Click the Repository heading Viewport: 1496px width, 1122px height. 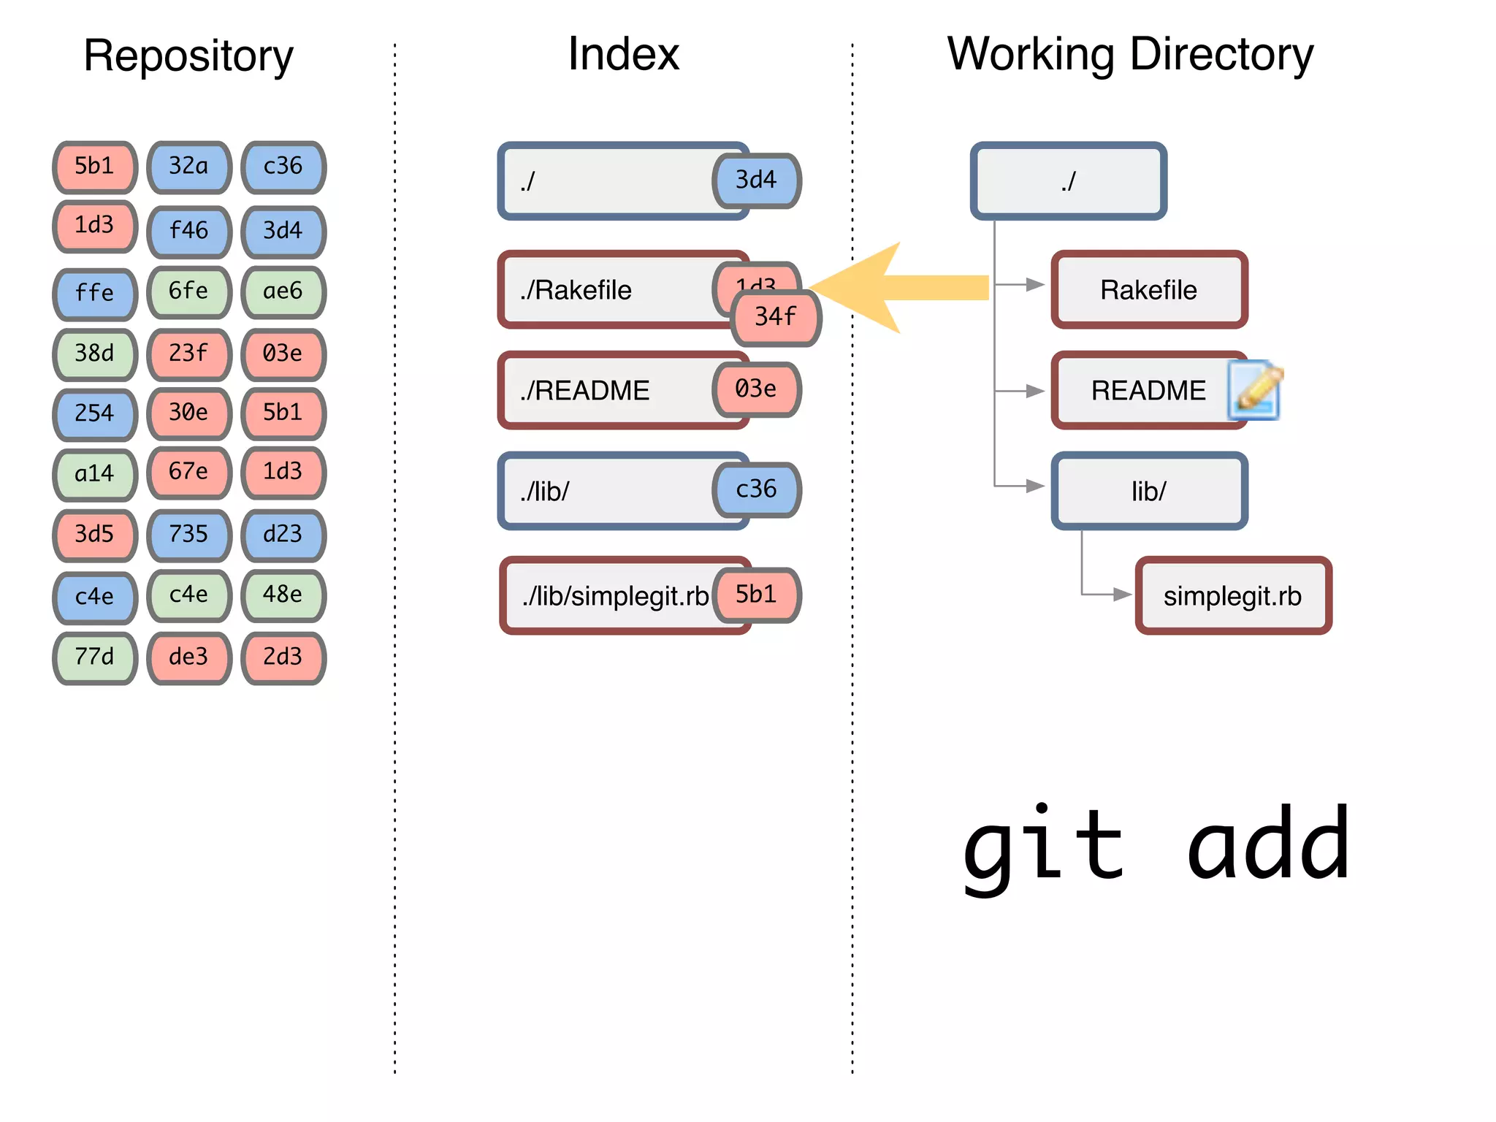point(188,56)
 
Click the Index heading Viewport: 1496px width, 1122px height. point(623,54)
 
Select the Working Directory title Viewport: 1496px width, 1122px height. point(1130,54)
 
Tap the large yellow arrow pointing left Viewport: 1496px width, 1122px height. point(898,288)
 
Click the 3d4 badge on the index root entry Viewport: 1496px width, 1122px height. point(756,180)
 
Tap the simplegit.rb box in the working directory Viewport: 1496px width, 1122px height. point(1233,595)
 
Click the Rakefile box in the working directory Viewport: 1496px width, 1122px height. point(1148,290)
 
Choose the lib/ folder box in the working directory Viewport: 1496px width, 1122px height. point(1148,491)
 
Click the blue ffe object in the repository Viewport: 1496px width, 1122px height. point(95,294)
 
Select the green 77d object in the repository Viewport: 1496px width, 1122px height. point(95,657)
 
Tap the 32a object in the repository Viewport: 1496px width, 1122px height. point(188,167)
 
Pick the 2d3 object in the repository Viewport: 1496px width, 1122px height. point(283,657)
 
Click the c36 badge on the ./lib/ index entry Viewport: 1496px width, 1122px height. point(756,489)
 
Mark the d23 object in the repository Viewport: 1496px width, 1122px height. point(283,535)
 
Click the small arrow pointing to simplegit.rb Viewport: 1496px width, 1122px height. point(1121,595)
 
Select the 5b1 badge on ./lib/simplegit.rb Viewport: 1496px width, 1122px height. point(756,595)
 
